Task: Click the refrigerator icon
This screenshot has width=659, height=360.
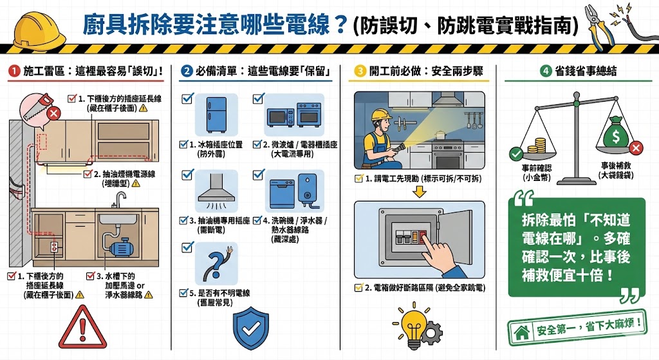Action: click(216, 115)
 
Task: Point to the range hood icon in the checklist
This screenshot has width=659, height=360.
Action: click(216, 191)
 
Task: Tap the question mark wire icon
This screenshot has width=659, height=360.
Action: click(216, 265)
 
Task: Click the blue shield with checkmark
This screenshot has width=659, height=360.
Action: click(250, 328)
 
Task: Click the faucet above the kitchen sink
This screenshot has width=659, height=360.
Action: click(120, 199)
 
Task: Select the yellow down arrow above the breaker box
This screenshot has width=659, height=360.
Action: click(421, 191)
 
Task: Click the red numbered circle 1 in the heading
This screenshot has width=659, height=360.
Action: click(12, 71)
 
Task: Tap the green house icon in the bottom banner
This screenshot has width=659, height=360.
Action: click(521, 332)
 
